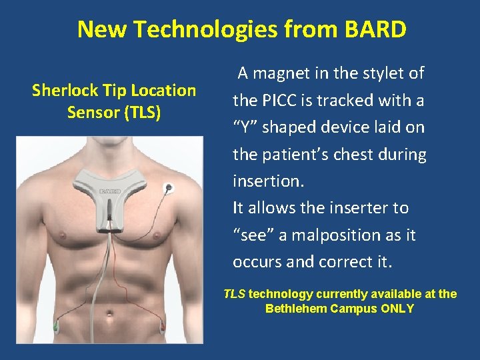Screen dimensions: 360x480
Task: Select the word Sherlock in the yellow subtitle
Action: click(x=65, y=90)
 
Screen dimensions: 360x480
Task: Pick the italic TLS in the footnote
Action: click(x=234, y=294)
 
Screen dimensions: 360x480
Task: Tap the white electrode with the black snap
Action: click(x=169, y=188)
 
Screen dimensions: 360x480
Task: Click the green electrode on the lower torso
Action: click(x=56, y=327)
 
